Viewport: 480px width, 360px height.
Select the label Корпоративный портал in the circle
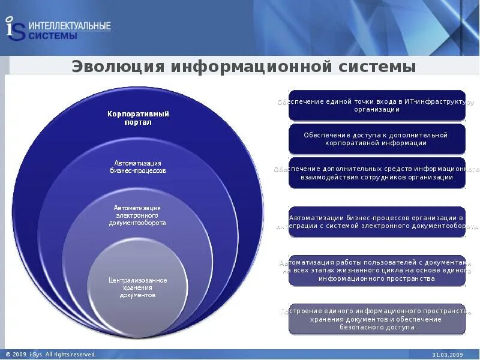[x=138, y=118]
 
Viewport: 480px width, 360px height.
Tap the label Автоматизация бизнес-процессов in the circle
[x=139, y=167]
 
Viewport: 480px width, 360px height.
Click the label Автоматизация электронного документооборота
[x=137, y=215]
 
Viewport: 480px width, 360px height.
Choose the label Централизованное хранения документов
[x=137, y=287]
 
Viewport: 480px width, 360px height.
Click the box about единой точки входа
[x=377, y=106]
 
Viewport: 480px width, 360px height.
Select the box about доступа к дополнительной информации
[x=377, y=139]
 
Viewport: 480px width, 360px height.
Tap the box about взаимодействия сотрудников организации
[x=377, y=173]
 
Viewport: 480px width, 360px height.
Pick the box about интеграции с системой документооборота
[x=377, y=222]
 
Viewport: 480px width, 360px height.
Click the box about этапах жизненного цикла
[x=377, y=271]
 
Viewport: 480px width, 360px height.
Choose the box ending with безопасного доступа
[x=377, y=319]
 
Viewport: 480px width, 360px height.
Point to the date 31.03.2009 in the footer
[x=448, y=355]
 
